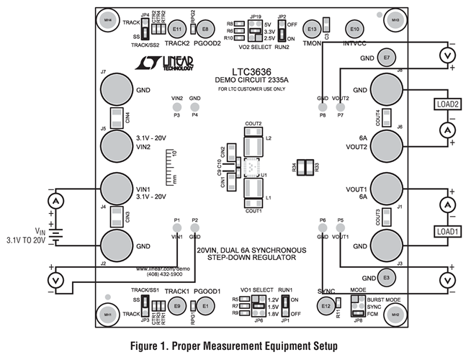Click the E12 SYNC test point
pyautogui.click(x=325, y=305)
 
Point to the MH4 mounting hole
pyautogui.click(x=107, y=19)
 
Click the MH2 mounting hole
pyautogui.click(x=395, y=315)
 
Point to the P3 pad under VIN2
pyautogui.click(x=176, y=107)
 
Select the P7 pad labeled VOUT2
pyautogui.click(x=340, y=106)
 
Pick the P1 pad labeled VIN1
pyautogui.click(x=176, y=228)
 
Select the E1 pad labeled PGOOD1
pyautogui.click(x=205, y=305)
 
